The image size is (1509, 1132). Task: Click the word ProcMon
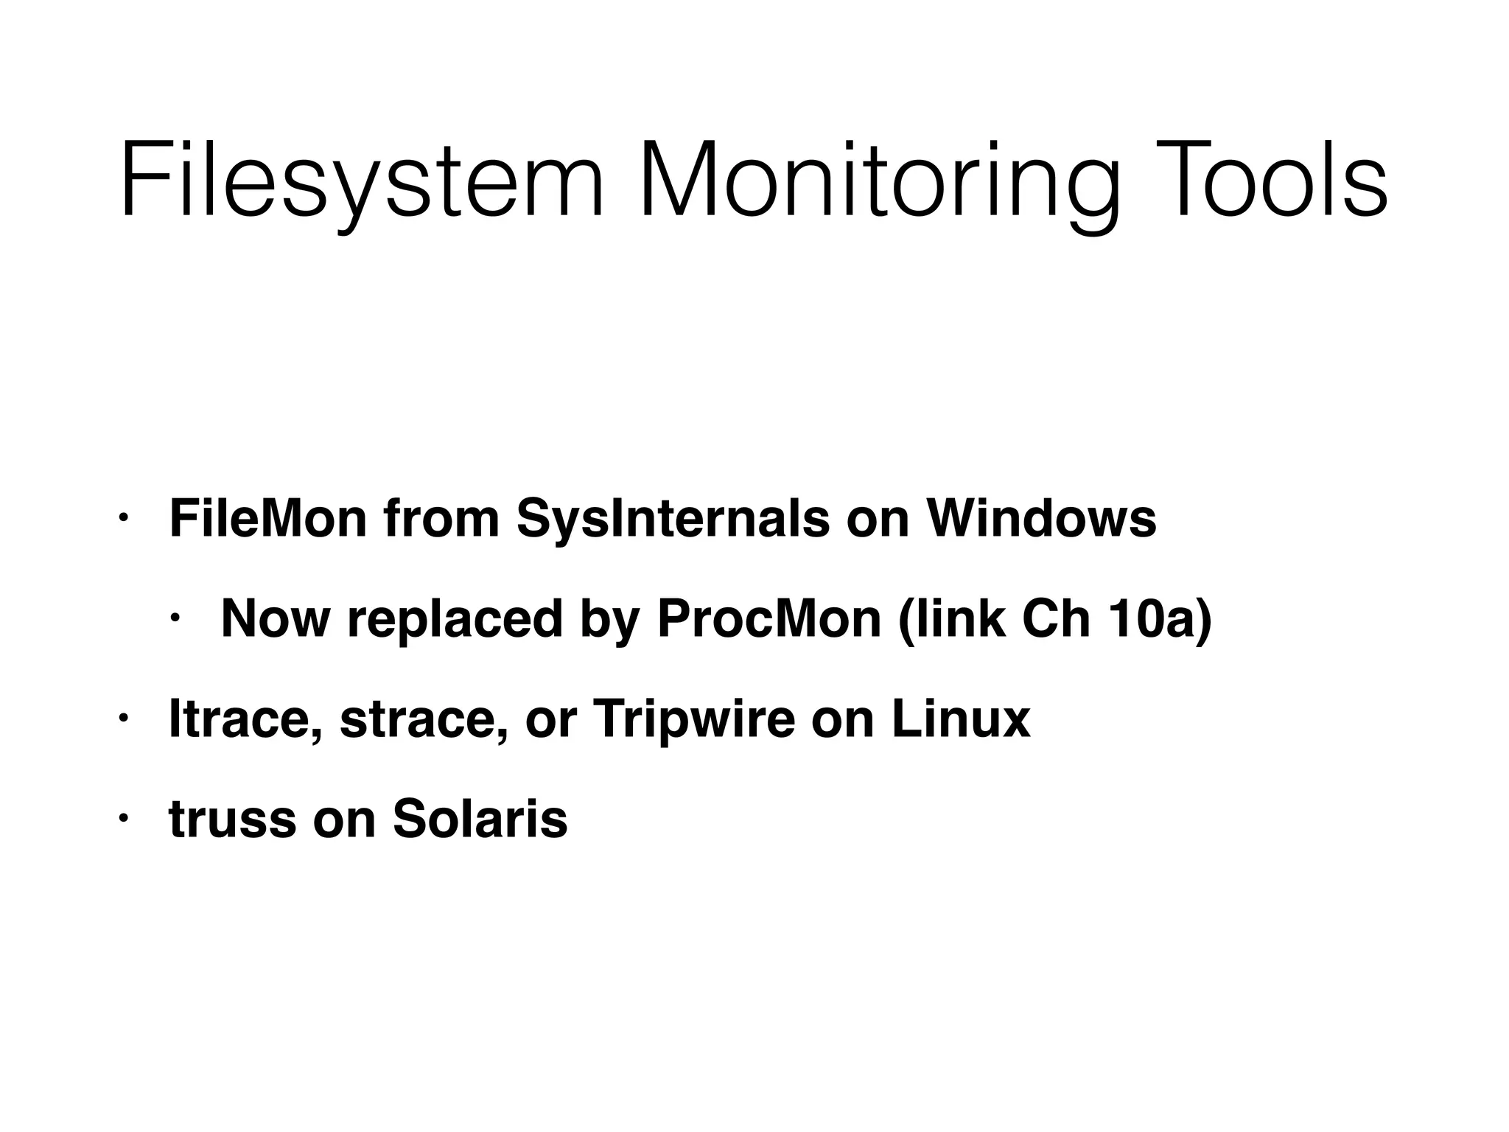pyautogui.click(x=769, y=618)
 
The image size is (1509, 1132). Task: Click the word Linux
pyautogui.click(x=961, y=719)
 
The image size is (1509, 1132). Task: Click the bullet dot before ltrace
pyautogui.click(x=124, y=719)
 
